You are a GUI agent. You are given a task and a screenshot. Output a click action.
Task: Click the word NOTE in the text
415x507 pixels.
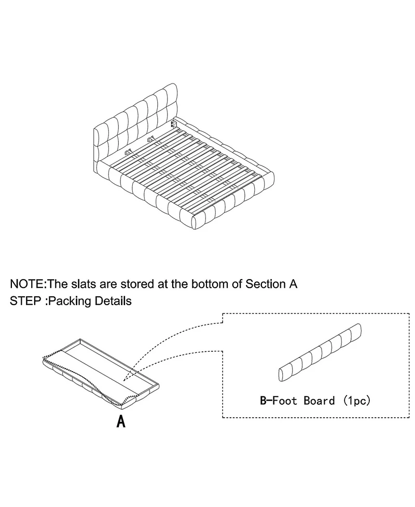point(27,284)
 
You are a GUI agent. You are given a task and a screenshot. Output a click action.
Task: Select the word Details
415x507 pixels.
point(112,301)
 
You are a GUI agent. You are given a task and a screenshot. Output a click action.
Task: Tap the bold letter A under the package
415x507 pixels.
point(120,421)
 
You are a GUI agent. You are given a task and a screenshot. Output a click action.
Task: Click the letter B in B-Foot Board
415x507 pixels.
point(264,401)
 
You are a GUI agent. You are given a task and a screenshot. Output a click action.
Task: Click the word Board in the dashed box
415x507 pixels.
point(320,401)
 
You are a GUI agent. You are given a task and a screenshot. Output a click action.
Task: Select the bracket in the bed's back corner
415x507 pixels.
point(174,125)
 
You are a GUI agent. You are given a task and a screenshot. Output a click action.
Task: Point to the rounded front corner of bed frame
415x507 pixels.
point(197,222)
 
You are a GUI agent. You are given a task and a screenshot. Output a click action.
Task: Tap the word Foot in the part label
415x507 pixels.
point(288,401)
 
